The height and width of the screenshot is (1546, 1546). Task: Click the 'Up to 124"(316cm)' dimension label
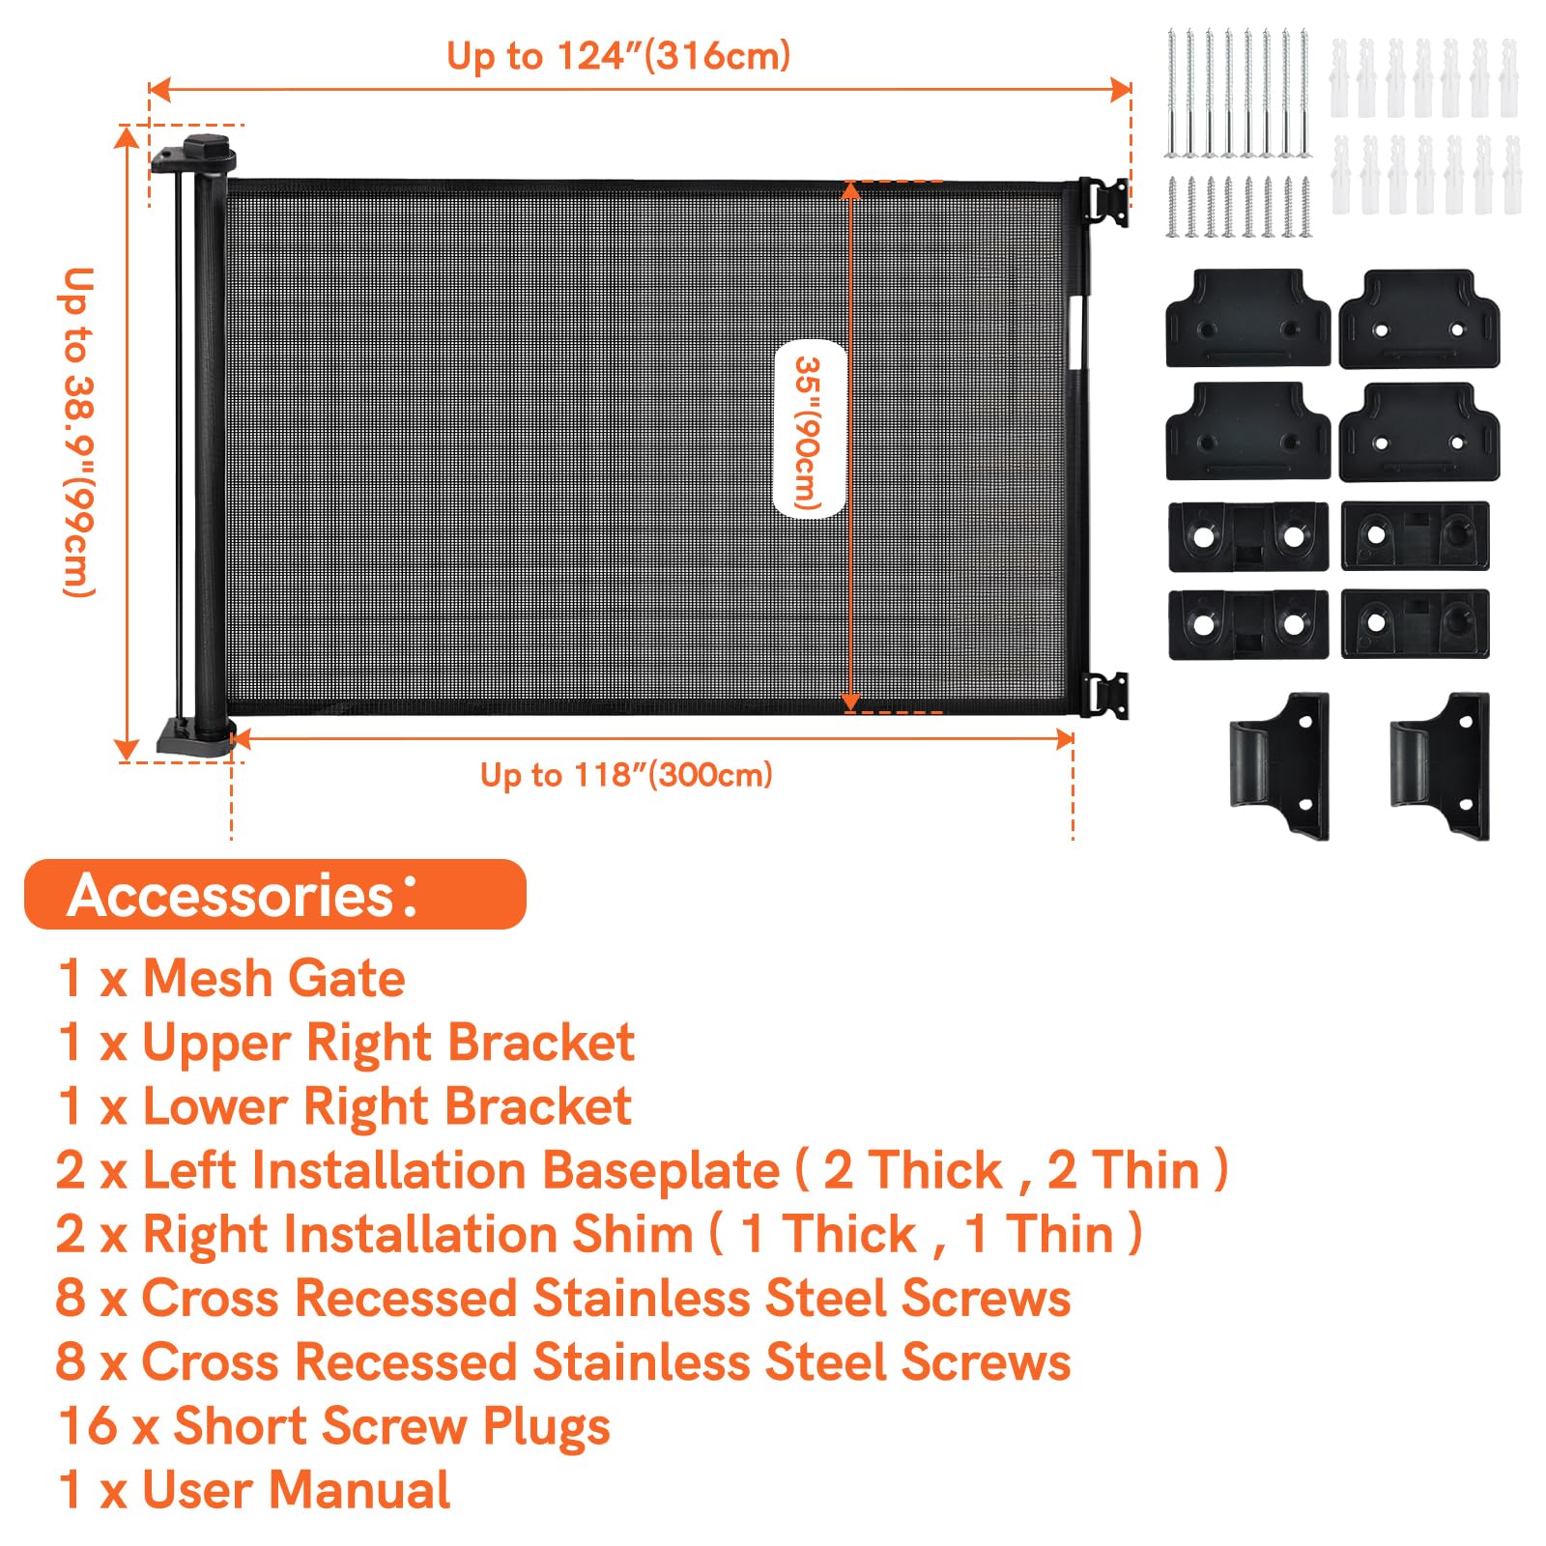pyautogui.click(x=618, y=56)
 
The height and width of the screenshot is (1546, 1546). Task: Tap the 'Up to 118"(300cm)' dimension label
pyautogui.click(x=626, y=774)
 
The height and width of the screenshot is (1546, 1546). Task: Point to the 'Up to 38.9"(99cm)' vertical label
pyautogui.click(x=78, y=432)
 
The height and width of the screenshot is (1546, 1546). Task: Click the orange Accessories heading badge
pyautogui.click(x=275, y=894)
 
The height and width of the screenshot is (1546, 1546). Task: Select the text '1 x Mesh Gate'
pyautogui.click(x=232, y=978)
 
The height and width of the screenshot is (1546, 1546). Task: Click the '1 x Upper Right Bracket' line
pyautogui.click(x=346, y=1043)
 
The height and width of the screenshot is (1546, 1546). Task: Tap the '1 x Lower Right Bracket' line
pyautogui.click(x=344, y=1106)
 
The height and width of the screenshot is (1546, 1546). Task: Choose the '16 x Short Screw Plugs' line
pyautogui.click(x=334, y=1426)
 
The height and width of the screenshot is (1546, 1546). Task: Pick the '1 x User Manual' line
pyautogui.click(x=254, y=1489)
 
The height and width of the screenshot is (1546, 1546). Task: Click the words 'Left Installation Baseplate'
pyautogui.click(x=461, y=1170)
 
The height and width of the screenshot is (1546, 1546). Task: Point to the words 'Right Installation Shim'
pyautogui.click(x=417, y=1235)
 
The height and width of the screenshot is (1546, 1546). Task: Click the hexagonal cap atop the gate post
pyautogui.click(x=210, y=150)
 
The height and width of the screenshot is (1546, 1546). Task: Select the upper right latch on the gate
pyautogui.click(x=1104, y=202)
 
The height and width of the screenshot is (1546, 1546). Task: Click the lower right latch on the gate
pyautogui.click(x=1104, y=695)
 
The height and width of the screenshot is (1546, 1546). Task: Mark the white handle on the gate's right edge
pyautogui.click(x=1078, y=333)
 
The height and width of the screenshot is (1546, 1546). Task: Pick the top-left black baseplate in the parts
pyautogui.click(x=1248, y=318)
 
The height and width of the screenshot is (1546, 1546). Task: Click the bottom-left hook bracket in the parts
pyautogui.click(x=1279, y=765)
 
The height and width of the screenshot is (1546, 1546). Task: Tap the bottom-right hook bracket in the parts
pyautogui.click(x=1440, y=765)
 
